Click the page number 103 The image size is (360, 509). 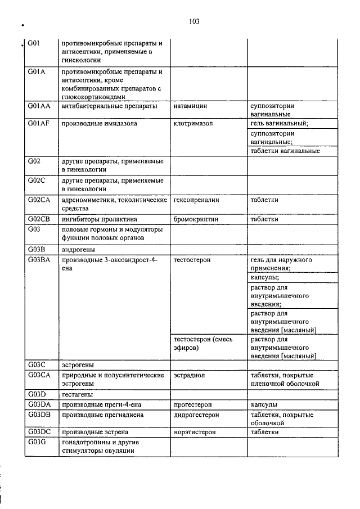click(195, 21)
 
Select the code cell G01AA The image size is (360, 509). click(38, 105)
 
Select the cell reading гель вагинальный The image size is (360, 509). click(279, 124)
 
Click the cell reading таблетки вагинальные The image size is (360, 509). click(285, 151)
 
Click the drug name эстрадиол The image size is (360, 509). click(189, 375)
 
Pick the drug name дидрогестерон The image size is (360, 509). click(196, 415)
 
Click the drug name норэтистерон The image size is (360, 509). click(195, 432)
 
